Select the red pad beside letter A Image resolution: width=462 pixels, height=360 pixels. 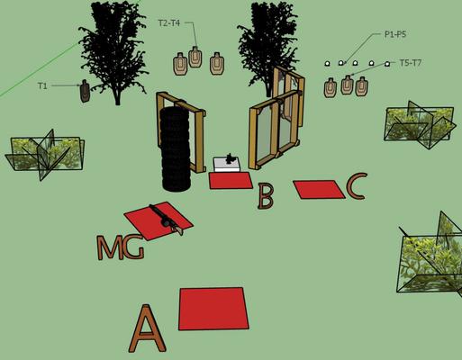(213, 309)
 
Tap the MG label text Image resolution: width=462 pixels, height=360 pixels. (121, 247)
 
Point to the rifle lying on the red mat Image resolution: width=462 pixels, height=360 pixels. (167, 220)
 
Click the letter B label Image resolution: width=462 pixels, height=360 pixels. (266, 196)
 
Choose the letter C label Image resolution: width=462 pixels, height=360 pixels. (357, 186)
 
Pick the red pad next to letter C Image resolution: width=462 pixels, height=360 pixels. (319, 189)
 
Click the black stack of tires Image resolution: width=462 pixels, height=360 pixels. (176, 148)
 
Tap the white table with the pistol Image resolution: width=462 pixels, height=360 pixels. (227, 165)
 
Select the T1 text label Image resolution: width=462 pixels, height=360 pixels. (42, 86)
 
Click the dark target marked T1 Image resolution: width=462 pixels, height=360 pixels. (86, 91)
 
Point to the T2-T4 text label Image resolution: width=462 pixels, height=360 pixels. (169, 23)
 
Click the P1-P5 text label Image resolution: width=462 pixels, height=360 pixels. (395, 34)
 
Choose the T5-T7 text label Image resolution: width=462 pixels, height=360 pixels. (411, 63)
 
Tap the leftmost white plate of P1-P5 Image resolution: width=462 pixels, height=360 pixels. (327, 63)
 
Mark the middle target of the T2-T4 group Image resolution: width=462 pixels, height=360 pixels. (195, 57)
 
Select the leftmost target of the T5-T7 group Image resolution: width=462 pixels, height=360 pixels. (331, 87)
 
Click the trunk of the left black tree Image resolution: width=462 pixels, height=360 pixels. (117, 96)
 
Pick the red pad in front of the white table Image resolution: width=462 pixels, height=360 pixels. (231, 181)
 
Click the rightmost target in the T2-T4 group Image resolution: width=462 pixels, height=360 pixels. (217, 64)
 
